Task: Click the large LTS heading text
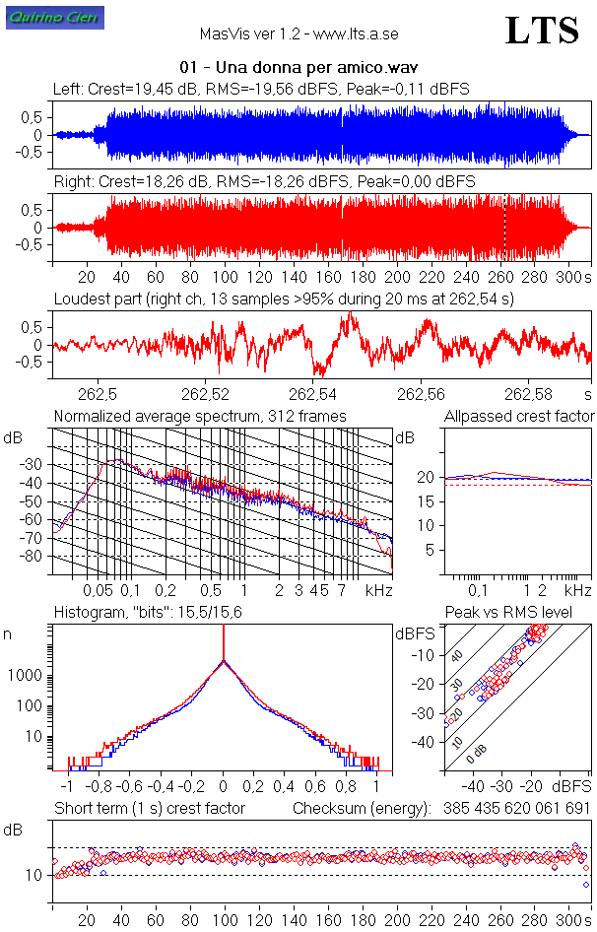tap(541, 31)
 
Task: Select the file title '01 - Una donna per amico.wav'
tap(299, 68)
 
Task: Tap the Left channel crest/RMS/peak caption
tap(261, 89)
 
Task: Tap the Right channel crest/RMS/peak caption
tap(264, 182)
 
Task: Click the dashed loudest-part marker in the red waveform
tap(505, 228)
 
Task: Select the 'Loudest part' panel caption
tap(284, 299)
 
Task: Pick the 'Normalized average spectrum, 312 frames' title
tap(200, 417)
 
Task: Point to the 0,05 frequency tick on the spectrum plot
tap(97, 590)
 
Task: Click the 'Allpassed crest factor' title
tap(519, 417)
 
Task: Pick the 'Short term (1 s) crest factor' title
tap(149, 809)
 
